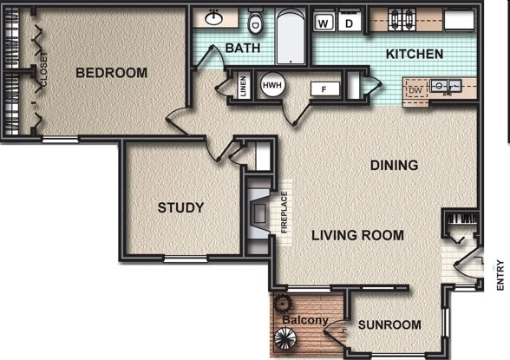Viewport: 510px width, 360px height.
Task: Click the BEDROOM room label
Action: tap(111, 73)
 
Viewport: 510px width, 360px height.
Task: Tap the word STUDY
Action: tap(180, 208)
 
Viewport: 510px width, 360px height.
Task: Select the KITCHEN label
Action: tap(414, 54)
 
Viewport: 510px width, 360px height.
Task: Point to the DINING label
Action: tap(394, 165)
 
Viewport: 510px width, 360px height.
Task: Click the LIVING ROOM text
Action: tap(357, 235)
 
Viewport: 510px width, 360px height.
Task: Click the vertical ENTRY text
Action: tap(500, 274)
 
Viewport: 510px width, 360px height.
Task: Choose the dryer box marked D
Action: tap(349, 23)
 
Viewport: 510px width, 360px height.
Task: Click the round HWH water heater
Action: tap(271, 86)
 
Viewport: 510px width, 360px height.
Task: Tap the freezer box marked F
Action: tap(324, 88)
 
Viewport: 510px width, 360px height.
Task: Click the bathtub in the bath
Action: tap(291, 36)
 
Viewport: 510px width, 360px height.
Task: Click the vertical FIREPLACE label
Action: tap(284, 213)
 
